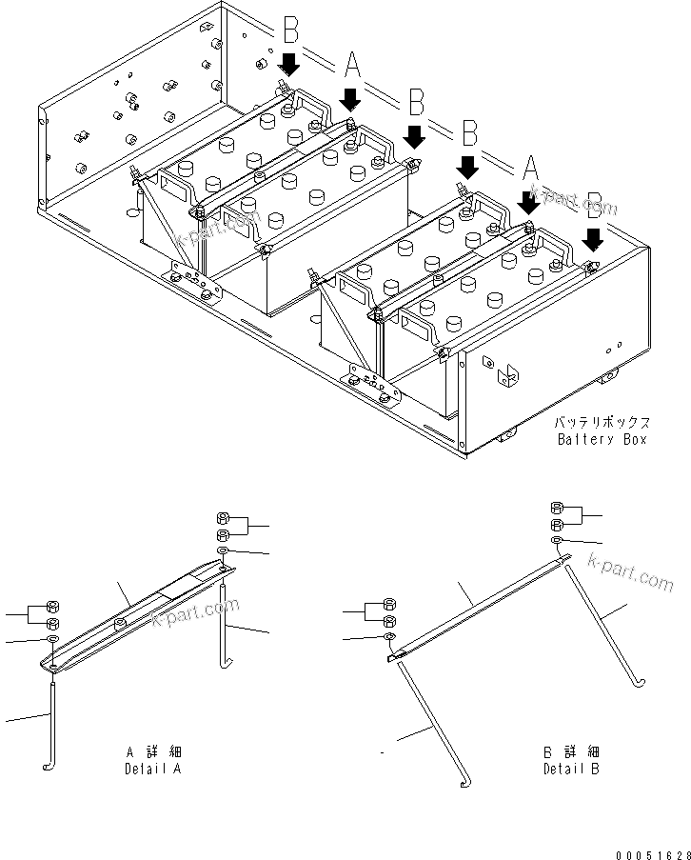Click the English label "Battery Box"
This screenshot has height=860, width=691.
pyautogui.click(x=602, y=439)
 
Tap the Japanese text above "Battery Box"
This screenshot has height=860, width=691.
pyautogui.click(x=602, y=421)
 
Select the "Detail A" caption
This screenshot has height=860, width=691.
pyautogui.click(x=153, y=769)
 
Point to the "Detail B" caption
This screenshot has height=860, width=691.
pyautogui.click(x=571, y=769)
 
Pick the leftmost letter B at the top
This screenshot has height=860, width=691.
pyautogui.click(x=290, y=31)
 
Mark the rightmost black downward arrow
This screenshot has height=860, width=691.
pyautogui.click(x=593, y=236)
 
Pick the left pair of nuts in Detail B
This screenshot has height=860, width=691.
pyautogui.click(x=388, y=610)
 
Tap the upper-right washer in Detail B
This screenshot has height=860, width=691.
pyautogui.click(x=556, y=541)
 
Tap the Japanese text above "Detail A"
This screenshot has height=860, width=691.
pyautogui.click(x=153, y=751)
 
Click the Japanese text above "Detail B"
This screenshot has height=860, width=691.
pyautogui.click(x=571, y=751)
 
